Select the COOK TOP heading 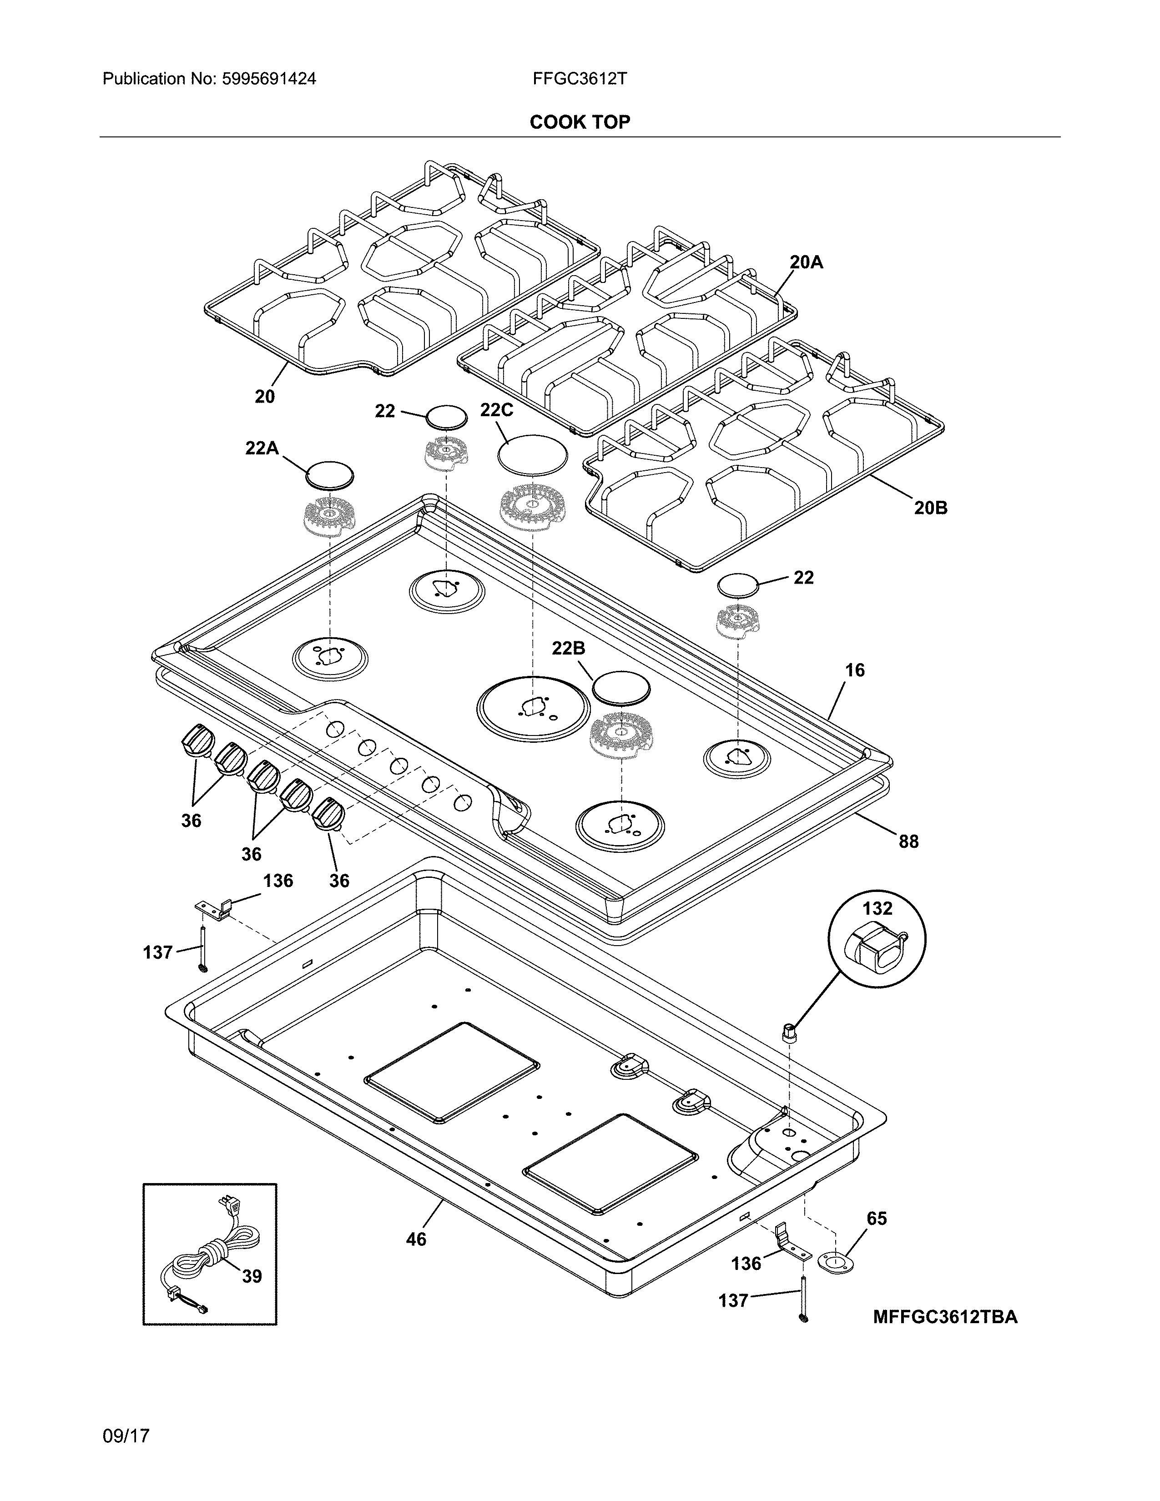click(579, 122)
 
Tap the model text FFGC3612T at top click(579, 79)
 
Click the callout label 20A click(806, 262)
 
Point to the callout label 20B click(930, 508)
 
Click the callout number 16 click(854, 670)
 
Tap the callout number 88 click(908, 841)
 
